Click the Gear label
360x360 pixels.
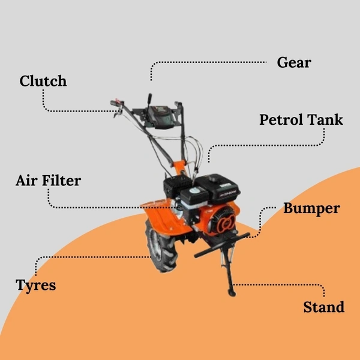point(294,62)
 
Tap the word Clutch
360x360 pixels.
point(43,81)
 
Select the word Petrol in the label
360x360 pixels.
point(281,119)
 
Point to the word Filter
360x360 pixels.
point(61,180)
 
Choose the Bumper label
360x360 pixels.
point(311,209)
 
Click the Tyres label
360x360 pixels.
point(36,286)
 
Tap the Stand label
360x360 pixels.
point(324,307)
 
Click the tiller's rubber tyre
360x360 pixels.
point(161,247)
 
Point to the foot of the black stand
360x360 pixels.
point(232,293)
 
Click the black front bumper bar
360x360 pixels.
point(222,245)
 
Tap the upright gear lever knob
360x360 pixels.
point(149,98)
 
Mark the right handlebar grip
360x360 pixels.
point(179,104)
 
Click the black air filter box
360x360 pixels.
point(177,185)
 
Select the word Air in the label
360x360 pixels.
point(26,180)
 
